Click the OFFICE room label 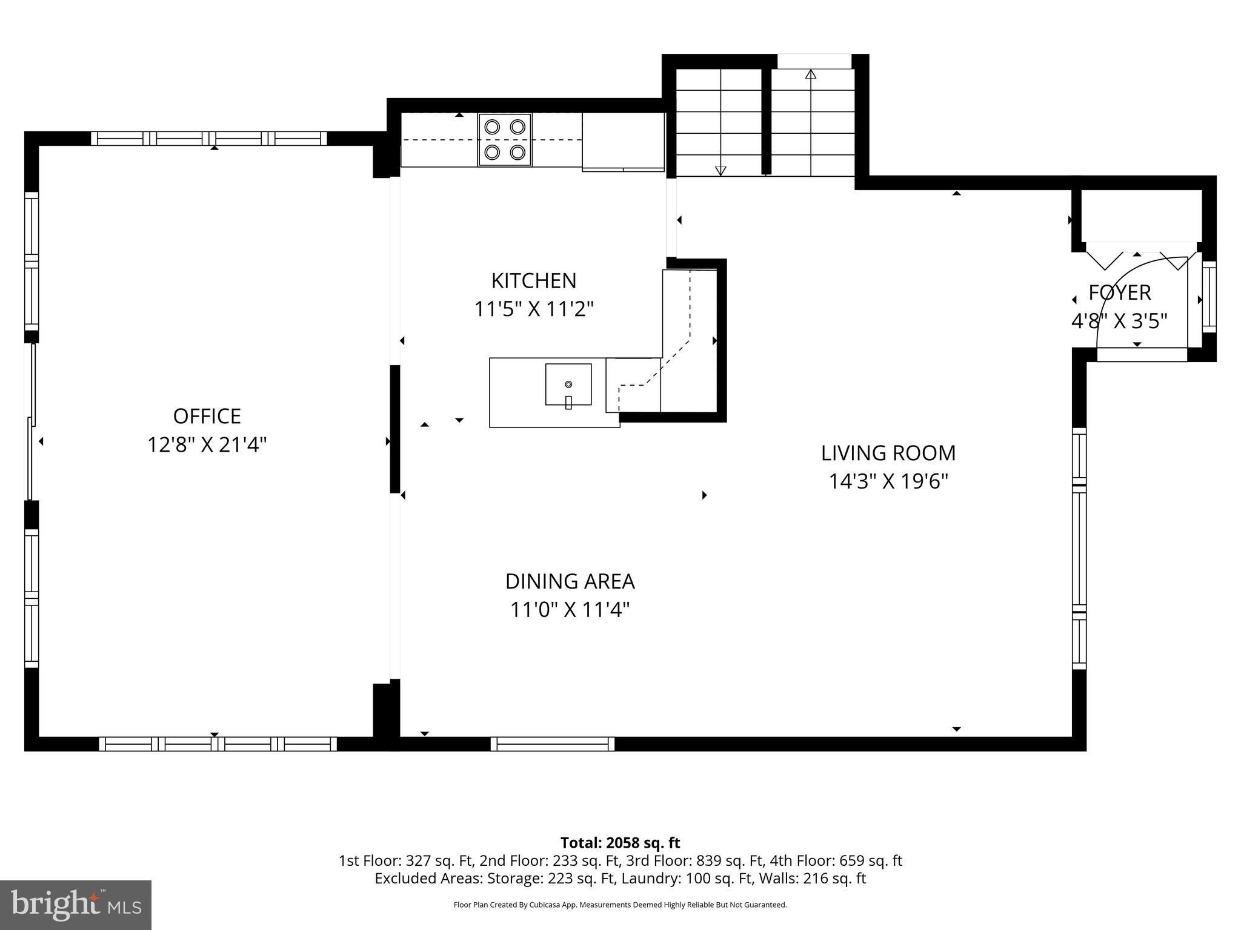(x=207, y=416)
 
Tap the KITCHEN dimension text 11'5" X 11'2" (x=533, y=309)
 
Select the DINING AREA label (x=570, y=581)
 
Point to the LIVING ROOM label (x=888, y=453)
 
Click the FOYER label (x=1119, y=292)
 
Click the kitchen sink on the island (x=568, y=384)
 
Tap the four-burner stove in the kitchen (x=505, y=140)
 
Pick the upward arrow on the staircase (x=811, y=74)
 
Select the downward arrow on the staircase (x=720, y=171)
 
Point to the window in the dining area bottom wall (x=552, y=744)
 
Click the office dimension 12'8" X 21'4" (x=207, y=446)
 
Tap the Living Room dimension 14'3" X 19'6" (x=888, y=482)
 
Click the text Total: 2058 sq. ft (x=620, y=843)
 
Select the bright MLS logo (x=75, y=905)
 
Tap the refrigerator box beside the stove (x=623, y=142)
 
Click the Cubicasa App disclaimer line (x=620, y=905)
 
